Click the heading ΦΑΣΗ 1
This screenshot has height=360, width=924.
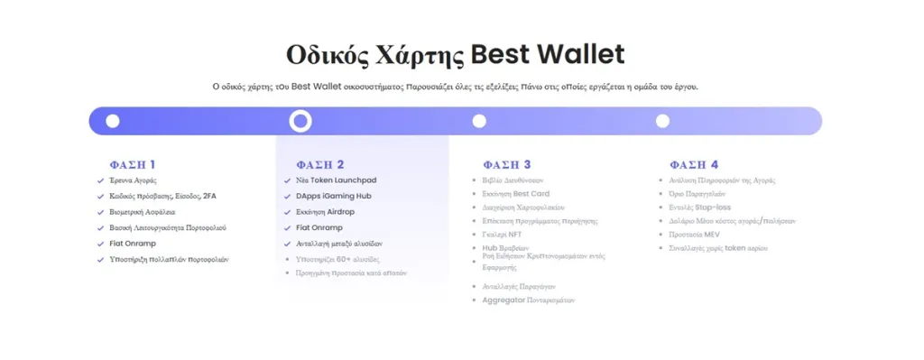pyautogui.click(x=133, y=164)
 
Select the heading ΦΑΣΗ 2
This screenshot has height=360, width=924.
pyautogui.click(x=320, y=164)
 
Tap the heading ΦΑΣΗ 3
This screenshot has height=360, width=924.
pyautogui.click(x=507, y=164)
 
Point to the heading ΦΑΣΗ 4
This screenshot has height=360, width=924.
pyautogui.click(x=694, y=164)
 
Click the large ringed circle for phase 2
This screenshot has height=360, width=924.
pyautogui.click(x=300, y=121)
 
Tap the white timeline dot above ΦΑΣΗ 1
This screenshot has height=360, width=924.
pyautogui.click(x=113, y=121)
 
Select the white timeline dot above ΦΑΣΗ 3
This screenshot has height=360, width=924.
pyautogui.click(x=479, y=121)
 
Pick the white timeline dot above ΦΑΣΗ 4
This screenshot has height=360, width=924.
pyautogui.click(x=662, y=121)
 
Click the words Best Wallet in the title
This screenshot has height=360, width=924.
pyautogui.click(x=548, y=54)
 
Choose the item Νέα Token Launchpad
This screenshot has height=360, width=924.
pyautogui.click(x=335, y=180)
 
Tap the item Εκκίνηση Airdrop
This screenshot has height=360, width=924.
pyautogui.click(x=325, y=211)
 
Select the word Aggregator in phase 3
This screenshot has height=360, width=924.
pyautogui.click(x=504, y=300)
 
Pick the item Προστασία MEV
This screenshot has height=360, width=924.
pyautogui.click(x=692, y=234)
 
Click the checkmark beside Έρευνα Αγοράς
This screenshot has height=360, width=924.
pyautogui.click(x=100, y=180)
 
